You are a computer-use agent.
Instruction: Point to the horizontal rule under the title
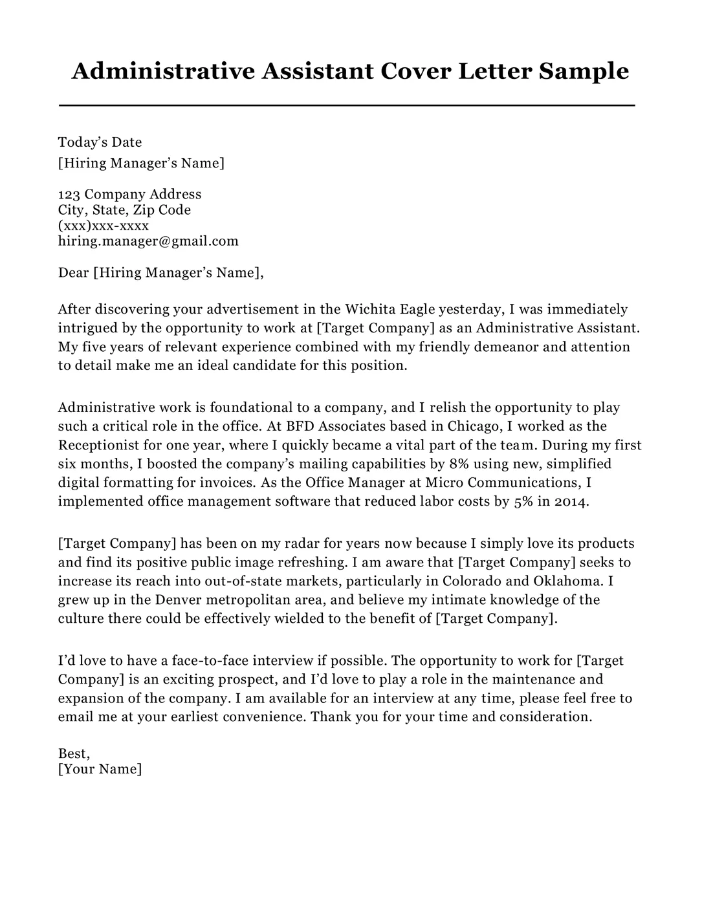click(347, 105)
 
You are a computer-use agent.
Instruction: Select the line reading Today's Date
click(100, 142)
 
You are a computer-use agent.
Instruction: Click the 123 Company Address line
click(129, 194)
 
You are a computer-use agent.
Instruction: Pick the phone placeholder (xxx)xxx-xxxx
click(104, 226)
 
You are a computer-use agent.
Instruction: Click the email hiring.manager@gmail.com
click(148, 241)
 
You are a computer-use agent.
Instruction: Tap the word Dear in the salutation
click(74, 273)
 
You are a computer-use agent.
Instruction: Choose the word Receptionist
click(98, 445)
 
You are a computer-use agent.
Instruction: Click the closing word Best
click(73, 753)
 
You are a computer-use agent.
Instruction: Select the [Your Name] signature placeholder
click(100, 769)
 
